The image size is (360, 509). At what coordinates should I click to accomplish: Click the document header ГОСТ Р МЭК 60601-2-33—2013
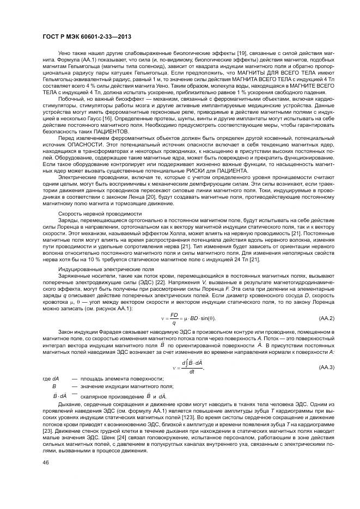pyautogui.click(x=87, y=36)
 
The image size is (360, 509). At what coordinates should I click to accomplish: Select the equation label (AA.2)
pyautogui.click(x=326, y=317)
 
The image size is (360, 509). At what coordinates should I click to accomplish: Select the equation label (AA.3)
pyautogui.click(x=326, y=367)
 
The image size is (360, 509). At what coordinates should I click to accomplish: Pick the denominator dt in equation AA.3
pyautogui.click(x=192, y=372)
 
